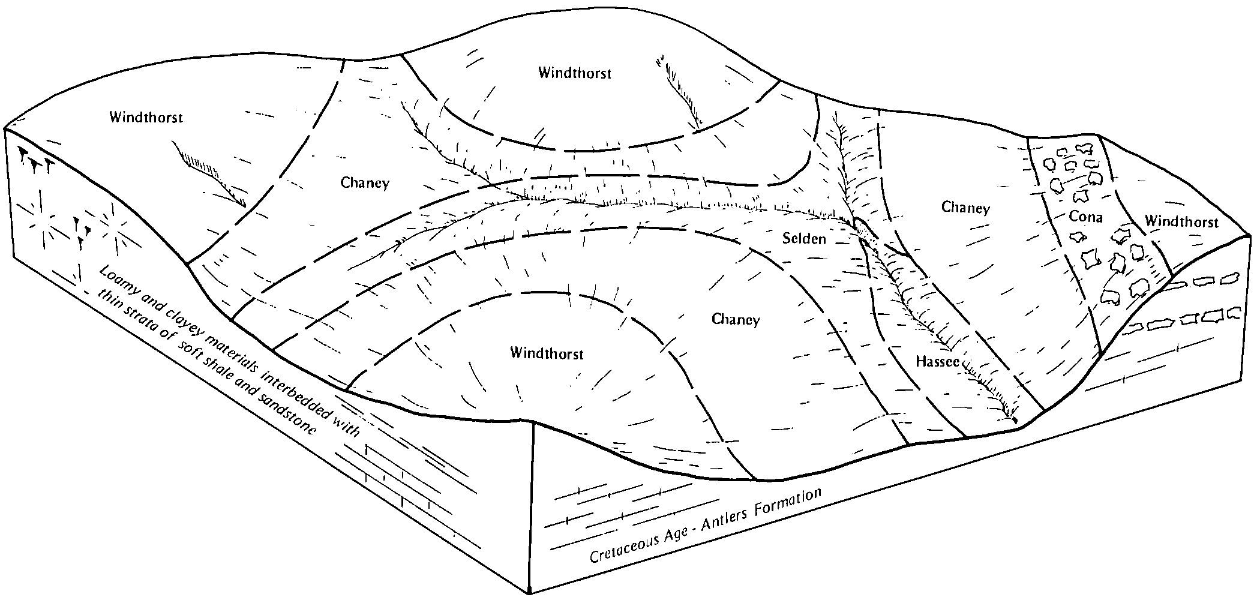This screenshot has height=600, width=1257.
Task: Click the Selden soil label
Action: pos(804,239)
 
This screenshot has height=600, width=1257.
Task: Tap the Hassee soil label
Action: pos(938,361)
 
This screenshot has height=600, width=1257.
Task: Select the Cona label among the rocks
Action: pos(1086,217)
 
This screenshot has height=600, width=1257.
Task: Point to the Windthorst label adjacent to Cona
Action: pos(1181,222)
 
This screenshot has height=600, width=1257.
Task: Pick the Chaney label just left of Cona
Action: pos(965,208)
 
